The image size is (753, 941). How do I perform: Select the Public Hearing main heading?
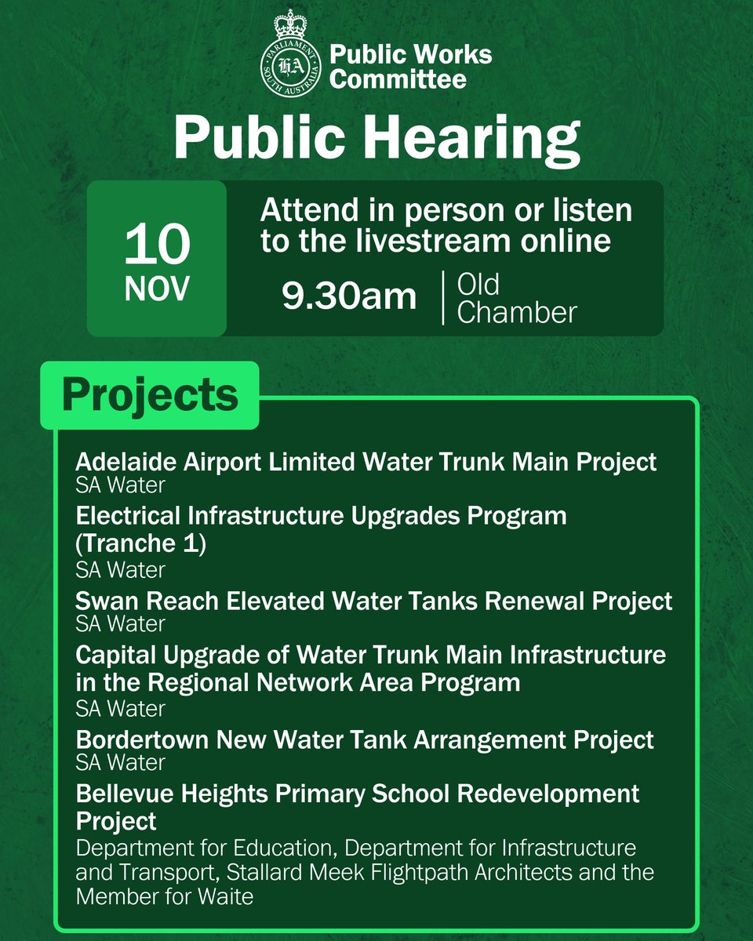376,137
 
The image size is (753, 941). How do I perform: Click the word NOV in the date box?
157,290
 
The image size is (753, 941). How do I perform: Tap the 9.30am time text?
350,296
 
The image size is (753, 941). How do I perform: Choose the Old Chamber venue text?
517,299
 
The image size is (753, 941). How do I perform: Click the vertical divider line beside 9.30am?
442,298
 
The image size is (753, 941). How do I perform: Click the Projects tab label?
150,395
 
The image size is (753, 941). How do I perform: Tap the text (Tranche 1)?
141,544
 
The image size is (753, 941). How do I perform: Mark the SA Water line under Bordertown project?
121,762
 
